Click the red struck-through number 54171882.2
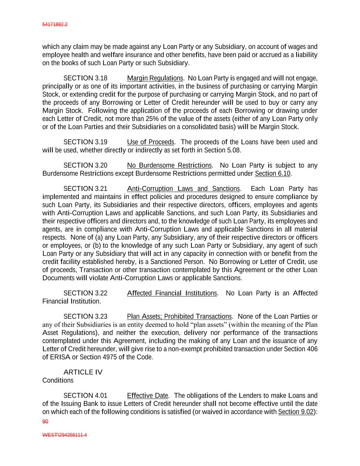point(55,25)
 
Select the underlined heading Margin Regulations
point(155,78)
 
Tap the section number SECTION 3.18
point(85,78)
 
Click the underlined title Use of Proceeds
point(150,142)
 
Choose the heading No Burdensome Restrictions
point(170,166)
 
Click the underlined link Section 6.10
point(272,174)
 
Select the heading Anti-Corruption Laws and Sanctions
point(183,189)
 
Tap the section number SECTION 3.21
point(85,189)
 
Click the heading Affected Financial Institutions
point(172,293)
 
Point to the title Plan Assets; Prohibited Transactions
point(179,316)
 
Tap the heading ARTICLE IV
point(83,372)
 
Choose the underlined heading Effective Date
point(147,396)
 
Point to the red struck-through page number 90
point(45,422)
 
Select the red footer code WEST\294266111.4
point(64,435)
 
